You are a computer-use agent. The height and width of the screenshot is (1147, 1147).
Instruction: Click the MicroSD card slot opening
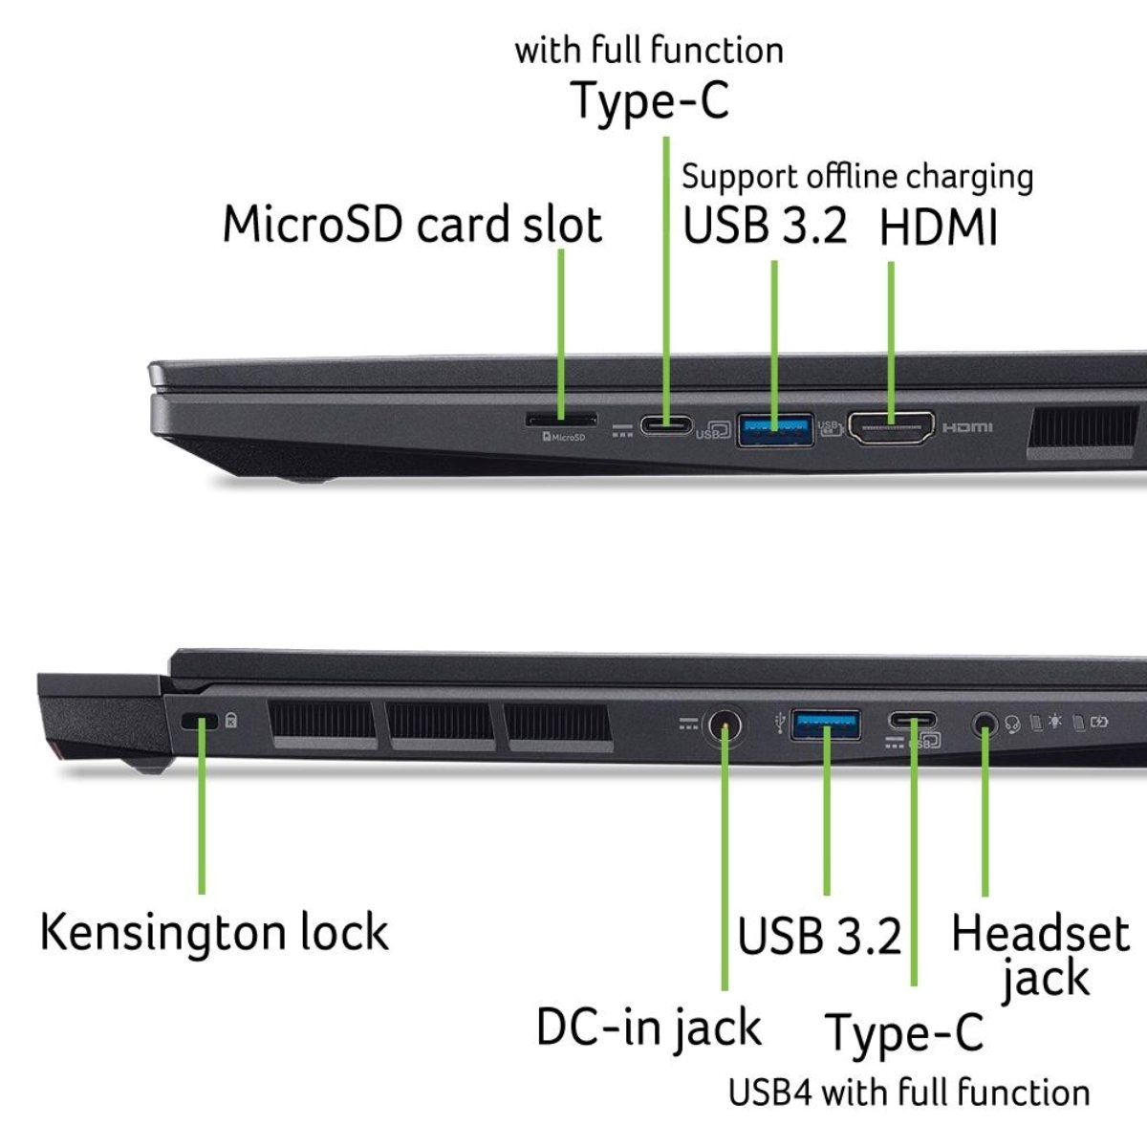[561, 420]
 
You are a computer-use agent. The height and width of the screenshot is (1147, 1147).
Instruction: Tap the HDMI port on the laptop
[891, 428]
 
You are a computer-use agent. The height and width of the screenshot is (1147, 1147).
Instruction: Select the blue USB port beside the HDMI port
[775, 430]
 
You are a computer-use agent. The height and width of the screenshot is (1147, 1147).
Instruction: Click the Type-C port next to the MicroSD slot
[666, 425]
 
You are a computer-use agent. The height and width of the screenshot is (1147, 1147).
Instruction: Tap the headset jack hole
[985, 725]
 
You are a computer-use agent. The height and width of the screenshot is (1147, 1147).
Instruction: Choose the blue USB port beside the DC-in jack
[826, 725]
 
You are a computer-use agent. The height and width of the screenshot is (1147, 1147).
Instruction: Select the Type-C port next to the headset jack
[912, 721]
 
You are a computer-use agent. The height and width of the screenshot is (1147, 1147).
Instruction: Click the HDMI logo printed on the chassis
[967, 427]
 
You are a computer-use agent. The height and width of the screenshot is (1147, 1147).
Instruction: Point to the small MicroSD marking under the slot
[564, 438]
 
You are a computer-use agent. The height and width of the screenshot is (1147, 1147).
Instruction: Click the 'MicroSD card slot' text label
[412, 225]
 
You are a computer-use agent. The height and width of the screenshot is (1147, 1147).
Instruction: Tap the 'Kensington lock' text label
[214, 932]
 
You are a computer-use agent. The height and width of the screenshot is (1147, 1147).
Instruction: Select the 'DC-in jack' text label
[649, 1028]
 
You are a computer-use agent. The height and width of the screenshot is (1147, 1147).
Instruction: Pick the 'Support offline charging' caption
[857, 177]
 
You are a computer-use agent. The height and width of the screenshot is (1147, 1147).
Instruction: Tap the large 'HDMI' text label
[938, 228]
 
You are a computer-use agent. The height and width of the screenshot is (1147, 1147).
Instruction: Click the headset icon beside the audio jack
[1012, 724]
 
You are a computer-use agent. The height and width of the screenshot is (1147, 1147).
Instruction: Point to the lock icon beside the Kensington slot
[231, 721]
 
